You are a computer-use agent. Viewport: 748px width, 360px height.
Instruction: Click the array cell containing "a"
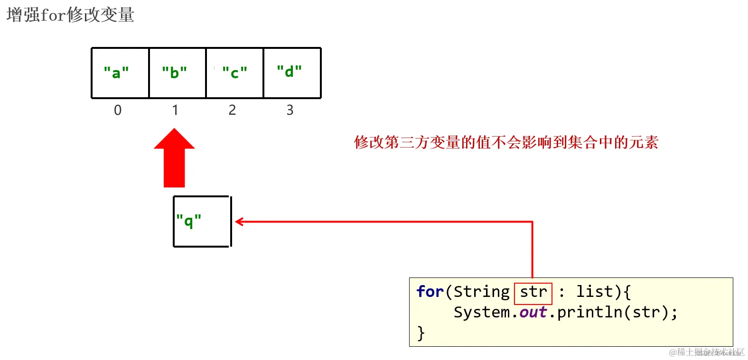120,73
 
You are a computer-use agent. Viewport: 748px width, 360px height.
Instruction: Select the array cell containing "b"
178,73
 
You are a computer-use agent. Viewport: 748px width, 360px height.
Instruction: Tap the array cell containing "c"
235,73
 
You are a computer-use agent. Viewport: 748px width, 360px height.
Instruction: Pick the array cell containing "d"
292,73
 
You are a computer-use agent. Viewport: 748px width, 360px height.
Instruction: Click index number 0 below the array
118,110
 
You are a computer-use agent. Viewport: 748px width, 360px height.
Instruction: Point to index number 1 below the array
175,110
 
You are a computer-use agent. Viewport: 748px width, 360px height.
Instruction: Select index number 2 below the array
232,110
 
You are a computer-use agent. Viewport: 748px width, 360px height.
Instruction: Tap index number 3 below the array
290,110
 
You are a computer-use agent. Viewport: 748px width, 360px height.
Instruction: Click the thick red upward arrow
174,159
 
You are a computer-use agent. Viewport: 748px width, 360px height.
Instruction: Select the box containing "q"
202,222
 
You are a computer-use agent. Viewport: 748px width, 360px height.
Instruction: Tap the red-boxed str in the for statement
533,292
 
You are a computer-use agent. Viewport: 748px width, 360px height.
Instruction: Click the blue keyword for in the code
430,292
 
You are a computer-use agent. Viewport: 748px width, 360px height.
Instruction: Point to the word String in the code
481,292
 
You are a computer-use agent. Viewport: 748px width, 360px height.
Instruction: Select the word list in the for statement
594,292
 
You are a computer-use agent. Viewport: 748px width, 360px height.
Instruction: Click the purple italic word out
533,312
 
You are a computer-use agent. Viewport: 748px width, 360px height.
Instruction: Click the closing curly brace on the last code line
421,333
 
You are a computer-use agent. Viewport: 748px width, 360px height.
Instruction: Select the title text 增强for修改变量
70,15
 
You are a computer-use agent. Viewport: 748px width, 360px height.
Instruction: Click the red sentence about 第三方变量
506,142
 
